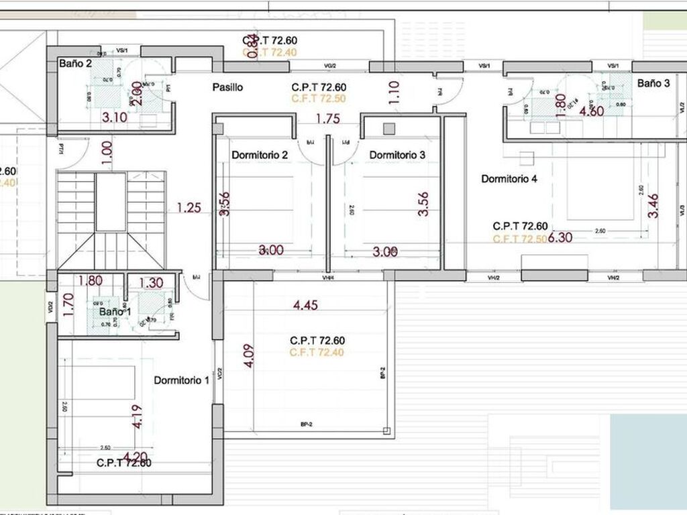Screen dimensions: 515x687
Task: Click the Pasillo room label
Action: click(227, 87)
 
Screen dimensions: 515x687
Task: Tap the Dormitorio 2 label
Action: click(260, 156)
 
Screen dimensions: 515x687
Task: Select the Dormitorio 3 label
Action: click(397, 155)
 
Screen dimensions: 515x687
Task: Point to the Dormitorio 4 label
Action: click(509, 179)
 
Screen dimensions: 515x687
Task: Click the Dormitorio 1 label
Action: click(181, 380)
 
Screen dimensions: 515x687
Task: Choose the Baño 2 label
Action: click(75, 64)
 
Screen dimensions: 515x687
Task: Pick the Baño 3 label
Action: click(653, 84)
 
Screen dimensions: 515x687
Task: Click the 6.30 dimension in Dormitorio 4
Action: click(560, 237)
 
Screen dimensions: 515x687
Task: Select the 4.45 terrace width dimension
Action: click(306, 305)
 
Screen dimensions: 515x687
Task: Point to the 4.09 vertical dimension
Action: click(249, 355)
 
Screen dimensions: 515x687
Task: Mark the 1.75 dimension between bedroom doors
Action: click(327, 119)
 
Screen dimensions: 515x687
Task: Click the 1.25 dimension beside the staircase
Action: click(189, 208)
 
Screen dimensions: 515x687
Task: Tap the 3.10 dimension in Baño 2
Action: click(114, 117)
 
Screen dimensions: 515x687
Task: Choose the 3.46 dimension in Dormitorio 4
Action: click(653, 205)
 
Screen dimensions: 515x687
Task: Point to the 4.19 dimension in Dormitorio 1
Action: click(138, 415)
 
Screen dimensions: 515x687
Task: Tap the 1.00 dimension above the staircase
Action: click(105, 150)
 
